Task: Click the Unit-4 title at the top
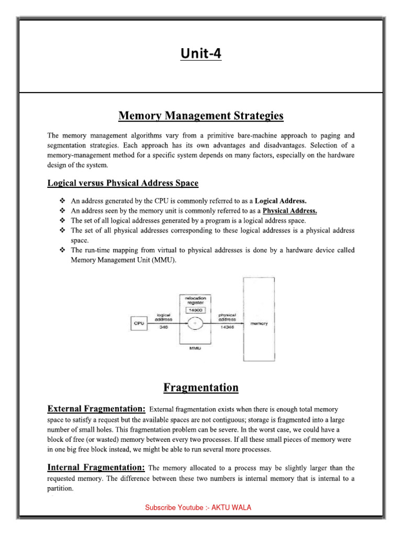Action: (x=200, y=53)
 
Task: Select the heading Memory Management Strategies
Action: (x=200, y=115)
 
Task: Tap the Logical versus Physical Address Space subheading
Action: (x=122, y=183)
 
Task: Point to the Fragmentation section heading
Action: (x=200, y=388)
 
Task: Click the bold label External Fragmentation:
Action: (x=96, y=408)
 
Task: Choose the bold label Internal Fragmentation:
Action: (x=96, y=467)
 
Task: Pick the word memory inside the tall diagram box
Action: (x=259, y=323)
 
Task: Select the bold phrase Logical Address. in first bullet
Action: (x=281, y=200)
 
